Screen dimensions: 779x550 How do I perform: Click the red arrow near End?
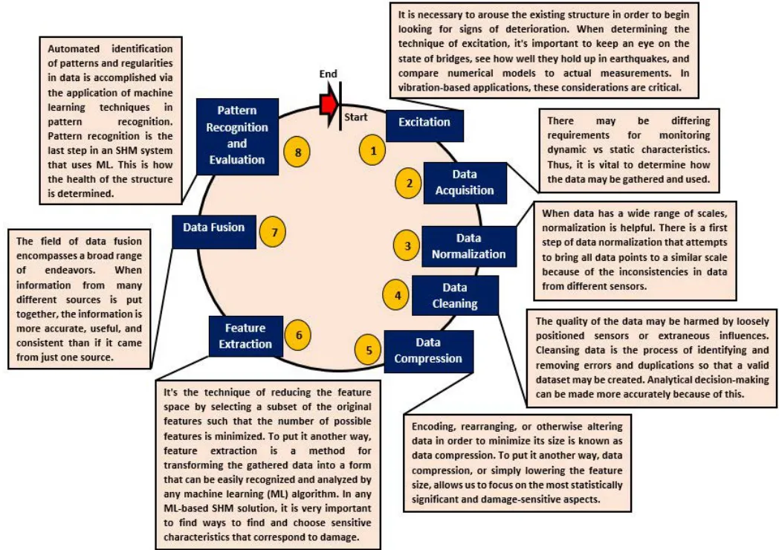tap(329, 104)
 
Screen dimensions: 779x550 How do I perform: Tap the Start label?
tap(356, 117)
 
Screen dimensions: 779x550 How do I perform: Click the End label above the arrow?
tap(328, 74)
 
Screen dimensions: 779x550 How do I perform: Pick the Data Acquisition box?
tap(465, 183)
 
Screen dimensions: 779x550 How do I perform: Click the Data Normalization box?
tap(469, 247)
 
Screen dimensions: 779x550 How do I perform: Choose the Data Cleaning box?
tap(455, 296)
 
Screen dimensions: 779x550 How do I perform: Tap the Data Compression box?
tap(428, 352)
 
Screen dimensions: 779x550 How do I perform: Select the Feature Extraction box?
tap(246, 336)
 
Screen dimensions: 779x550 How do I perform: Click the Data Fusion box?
tap(214, 232)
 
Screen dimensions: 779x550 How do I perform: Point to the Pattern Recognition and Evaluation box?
tap(237, 136)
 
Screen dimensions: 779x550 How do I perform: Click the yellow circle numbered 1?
tap(373, 150)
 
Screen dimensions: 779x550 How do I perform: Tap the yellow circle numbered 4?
tap(396, 295)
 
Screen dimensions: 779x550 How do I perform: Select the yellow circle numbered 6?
tap(298, 335)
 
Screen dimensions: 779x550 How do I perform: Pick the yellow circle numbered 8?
tap(297, 152)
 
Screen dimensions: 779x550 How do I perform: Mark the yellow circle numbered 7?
tap(274, 232)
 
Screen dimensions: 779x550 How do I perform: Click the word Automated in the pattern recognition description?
tap(74, 49)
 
